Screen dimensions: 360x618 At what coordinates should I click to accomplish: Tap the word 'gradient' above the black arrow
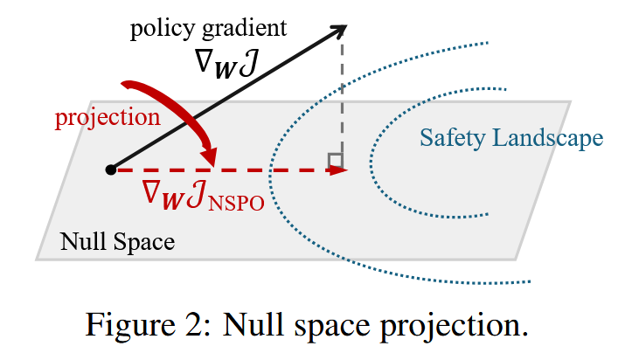pyautogui.click(x=242, y=29)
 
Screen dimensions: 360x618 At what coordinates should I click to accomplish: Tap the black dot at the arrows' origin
pyautogui.click(x=110, y=170)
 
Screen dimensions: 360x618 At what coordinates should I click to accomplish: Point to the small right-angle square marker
pyautogui.click(x=334, y=160)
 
